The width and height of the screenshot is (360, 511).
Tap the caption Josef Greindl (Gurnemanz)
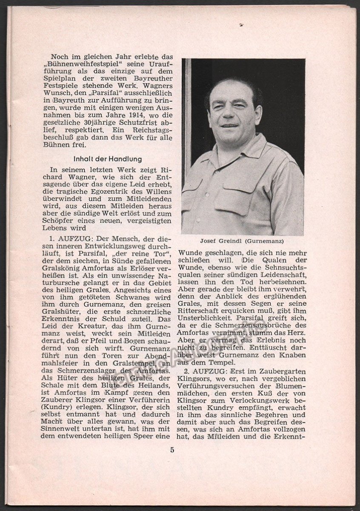[x=243, y=241]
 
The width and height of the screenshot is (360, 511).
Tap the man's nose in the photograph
[x=230, y=115]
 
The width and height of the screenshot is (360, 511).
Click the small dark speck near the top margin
[x=242, y=25]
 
